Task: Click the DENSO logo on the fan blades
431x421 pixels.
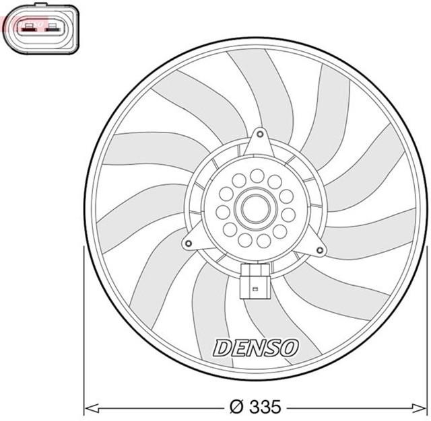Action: tap(255, 348)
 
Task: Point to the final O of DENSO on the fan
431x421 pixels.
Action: tap(288, 347)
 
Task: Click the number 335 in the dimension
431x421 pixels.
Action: tap(265, 406)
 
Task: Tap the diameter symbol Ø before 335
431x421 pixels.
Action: tap(236, 406)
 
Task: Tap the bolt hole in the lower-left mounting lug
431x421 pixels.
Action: tap(192, 240)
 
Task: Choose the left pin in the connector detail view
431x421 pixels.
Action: tap(29, 29)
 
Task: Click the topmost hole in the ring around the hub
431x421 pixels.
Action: tap(257, 176)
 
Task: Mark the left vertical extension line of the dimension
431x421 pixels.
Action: tap(83, 330)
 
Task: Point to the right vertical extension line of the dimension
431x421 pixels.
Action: tap(428, 330)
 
